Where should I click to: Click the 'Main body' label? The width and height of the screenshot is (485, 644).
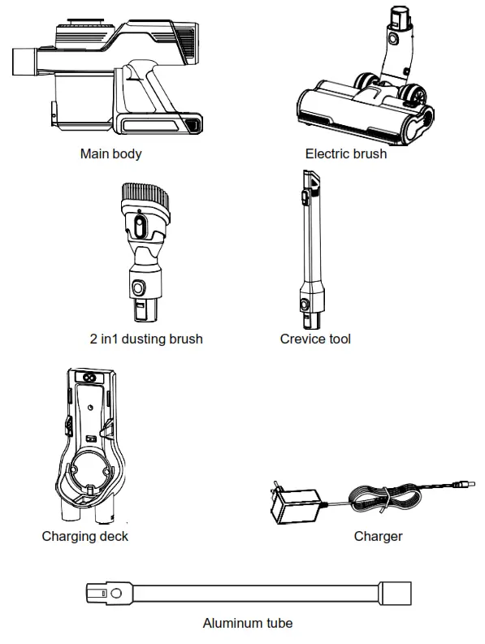[110, 153]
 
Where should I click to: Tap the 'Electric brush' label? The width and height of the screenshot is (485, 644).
[345, 153]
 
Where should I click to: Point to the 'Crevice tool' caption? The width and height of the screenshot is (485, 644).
[315, 339]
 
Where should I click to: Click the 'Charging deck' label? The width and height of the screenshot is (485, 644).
[84, 536]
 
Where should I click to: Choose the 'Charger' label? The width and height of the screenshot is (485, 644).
[378, 536]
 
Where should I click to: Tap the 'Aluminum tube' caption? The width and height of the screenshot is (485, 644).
[247, 623]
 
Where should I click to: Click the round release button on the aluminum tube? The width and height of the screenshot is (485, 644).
[118, 594]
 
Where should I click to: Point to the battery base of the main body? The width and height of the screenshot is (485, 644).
[159, 123]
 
